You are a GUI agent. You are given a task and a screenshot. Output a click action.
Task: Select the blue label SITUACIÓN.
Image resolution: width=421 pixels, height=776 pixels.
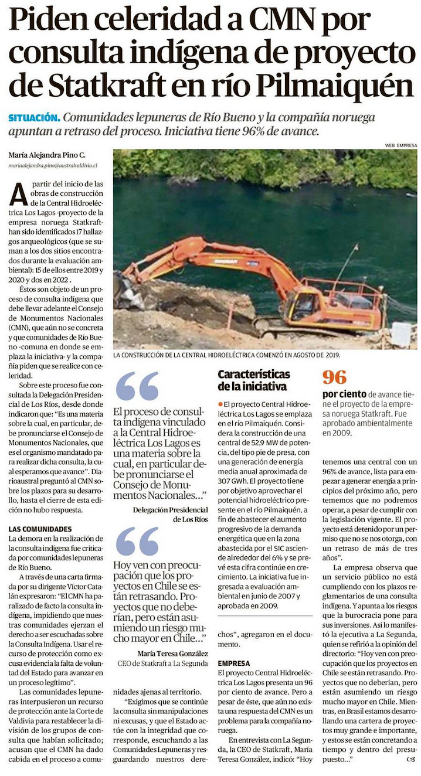tap(34, 117)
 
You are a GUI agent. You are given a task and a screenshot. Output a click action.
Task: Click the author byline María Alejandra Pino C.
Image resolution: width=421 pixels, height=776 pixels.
tap(47, 155)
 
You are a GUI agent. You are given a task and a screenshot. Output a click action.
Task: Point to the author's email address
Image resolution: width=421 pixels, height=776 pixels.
tap(53, 166)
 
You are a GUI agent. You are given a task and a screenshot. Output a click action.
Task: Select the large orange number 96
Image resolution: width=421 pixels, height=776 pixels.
tap(335, 377)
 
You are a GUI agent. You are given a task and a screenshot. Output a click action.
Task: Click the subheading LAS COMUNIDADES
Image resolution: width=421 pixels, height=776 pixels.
tap(40, 529)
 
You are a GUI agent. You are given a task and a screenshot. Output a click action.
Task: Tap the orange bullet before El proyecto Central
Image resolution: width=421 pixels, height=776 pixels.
tap(220, 404)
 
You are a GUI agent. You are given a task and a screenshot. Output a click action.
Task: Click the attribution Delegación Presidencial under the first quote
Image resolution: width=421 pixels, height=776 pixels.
tap(170, 509)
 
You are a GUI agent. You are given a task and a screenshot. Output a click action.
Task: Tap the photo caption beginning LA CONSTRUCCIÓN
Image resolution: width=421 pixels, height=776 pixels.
tap(227, 355)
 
